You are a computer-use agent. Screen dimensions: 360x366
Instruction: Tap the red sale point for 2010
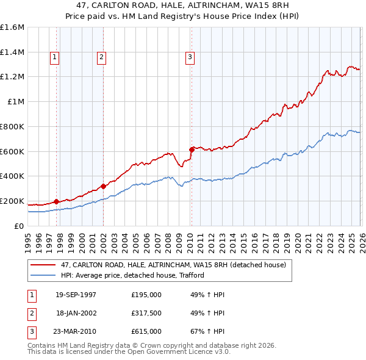coord(192,149)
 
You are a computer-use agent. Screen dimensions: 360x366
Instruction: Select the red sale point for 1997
coord(57,201)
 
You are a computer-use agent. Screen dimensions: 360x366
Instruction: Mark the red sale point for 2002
coord(103,186)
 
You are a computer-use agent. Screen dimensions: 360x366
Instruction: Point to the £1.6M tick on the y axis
coord(12,27)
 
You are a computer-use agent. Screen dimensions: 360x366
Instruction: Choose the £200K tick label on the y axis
coord(12,201)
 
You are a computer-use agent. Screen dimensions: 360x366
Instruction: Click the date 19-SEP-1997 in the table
coord(76,295)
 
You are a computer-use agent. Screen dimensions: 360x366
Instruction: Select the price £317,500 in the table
coord(146,313)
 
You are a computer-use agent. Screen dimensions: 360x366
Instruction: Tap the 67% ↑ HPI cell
coord(207,331)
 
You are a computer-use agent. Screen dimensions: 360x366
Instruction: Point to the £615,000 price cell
coord(146,331)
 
